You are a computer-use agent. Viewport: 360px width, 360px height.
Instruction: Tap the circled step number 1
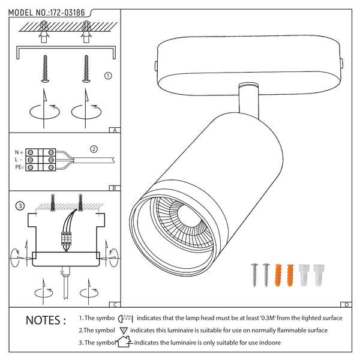(x=108, y=76)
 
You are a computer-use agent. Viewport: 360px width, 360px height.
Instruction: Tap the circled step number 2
(x=93, y=149)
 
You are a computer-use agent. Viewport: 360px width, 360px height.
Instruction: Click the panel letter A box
(x=114, y=129)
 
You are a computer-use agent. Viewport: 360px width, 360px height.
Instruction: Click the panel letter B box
(x=114, y=187)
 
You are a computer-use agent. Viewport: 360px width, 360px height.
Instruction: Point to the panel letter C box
(x=114, y=304)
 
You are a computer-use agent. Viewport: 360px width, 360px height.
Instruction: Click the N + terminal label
(x=20, y=152)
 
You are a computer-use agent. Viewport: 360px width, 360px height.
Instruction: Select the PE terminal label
(x=20, y=167)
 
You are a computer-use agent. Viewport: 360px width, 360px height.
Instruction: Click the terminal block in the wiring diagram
(x=46, y=160)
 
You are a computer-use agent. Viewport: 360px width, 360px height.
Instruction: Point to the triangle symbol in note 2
(x=124, y=331)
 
